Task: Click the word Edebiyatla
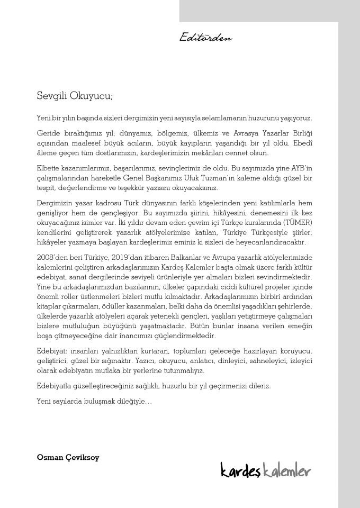coord(57,386)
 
